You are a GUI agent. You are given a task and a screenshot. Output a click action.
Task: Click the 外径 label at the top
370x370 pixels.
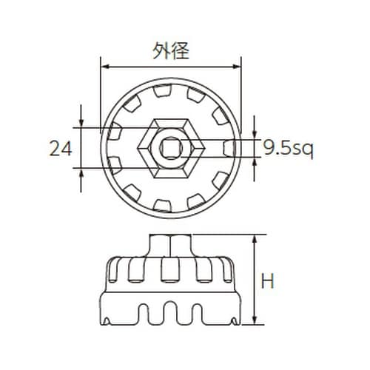[171, 51]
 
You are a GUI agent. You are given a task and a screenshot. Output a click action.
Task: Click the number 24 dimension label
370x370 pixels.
[61, 149]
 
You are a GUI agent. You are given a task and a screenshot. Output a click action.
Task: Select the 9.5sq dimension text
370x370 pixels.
[289, 149]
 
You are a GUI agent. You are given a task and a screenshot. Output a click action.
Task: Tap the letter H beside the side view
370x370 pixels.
[267, 281]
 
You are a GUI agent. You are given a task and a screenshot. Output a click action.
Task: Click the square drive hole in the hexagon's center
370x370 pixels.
[170, 148]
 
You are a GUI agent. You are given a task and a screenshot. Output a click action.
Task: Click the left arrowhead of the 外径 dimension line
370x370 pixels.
[106, 67]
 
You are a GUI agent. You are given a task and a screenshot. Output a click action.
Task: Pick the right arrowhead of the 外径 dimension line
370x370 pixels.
[235, 67]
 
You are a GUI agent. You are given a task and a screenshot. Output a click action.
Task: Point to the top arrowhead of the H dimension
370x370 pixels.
[255, 240]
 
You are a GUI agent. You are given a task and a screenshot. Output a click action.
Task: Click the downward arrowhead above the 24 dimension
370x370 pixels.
[81, 123]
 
